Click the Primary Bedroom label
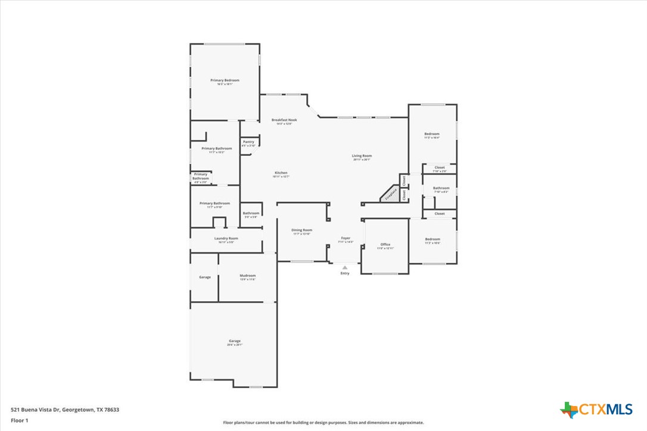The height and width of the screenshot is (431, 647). [x=225, y=80]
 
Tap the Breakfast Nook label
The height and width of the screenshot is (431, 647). [x=284, y=120]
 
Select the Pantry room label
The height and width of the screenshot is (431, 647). [x=248, y=142]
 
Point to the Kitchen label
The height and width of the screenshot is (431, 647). [x=281, y=173]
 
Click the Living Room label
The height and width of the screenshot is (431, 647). [x=362, y=156]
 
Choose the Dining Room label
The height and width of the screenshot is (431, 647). [x=301, y=230]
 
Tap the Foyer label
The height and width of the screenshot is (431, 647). [x=346, y=238]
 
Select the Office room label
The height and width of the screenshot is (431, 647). [x=385, y=244]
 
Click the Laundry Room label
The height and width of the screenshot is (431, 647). [x=226, y=238]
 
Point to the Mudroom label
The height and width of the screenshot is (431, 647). [x=247, y=276]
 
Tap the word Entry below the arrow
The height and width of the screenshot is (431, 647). [x=345, y=273]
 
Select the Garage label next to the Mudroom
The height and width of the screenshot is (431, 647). [x=204, y=277]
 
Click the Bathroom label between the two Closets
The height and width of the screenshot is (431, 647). [x=441, y=188]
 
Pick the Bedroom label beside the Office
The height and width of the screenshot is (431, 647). [x=432, y=239]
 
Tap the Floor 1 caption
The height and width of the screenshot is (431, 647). [x=19, y=420]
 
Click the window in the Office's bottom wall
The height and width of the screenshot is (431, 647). [x=385, y=274]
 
